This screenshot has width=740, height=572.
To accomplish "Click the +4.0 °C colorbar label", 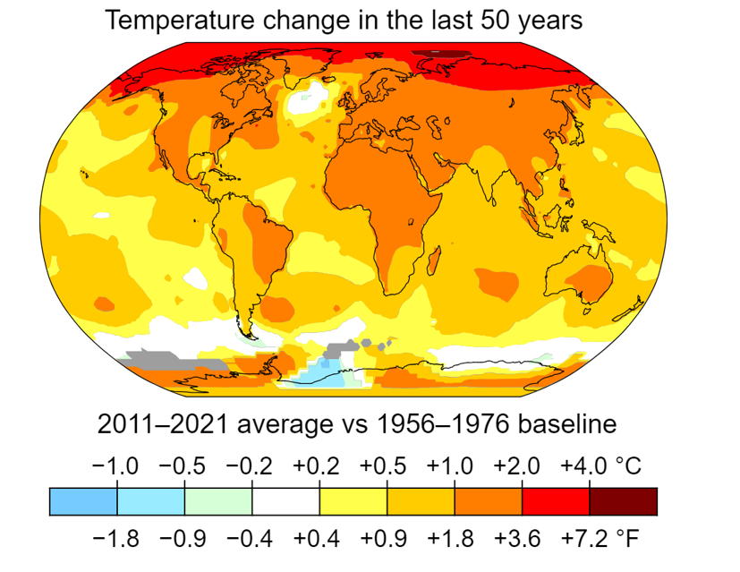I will [x=600, y=466].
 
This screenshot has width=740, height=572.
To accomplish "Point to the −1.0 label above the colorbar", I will [x=116, y=466].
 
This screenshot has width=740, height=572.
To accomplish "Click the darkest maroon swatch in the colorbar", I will [x=624, y=501].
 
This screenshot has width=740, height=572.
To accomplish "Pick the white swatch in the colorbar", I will [x=285, y=501].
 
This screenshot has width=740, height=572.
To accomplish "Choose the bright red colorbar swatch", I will [x=556, y=501].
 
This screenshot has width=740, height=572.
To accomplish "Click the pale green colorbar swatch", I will [x=218, y=501].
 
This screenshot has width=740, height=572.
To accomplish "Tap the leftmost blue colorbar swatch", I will [x=83, y=501].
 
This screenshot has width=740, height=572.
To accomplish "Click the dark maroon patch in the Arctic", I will [x=443, y=55].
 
